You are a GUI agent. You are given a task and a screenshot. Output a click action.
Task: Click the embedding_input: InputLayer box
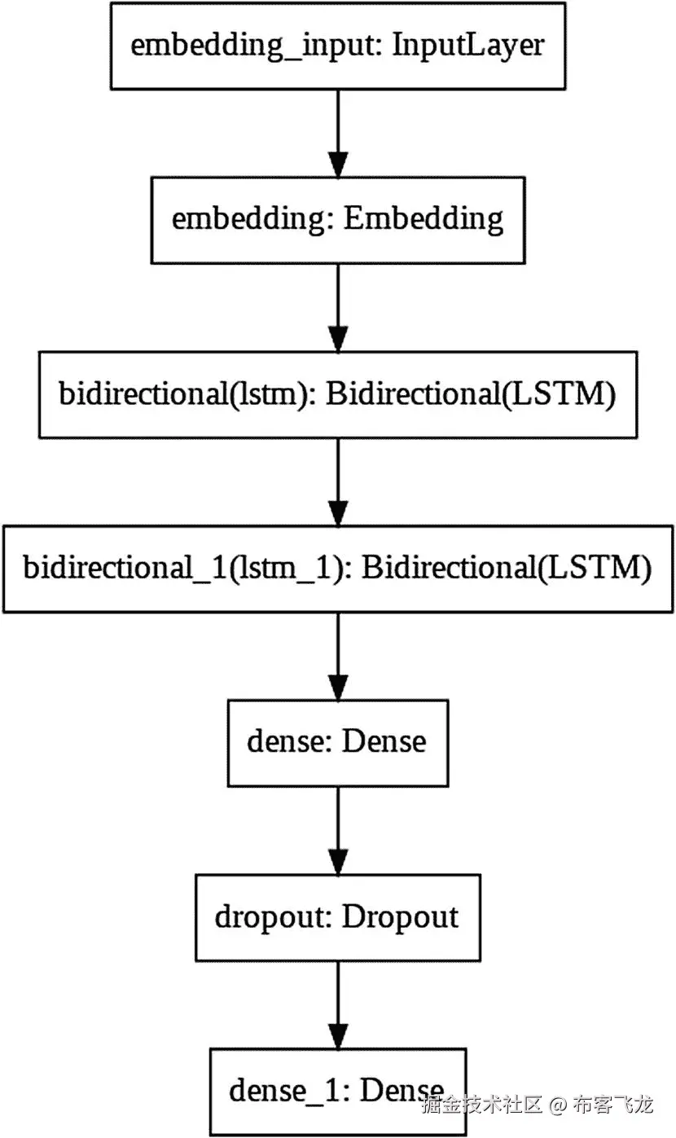coord(337,46)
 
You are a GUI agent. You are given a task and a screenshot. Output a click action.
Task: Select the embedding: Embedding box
coord(337,219)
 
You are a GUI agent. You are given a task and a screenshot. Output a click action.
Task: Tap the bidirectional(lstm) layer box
coord(337,394)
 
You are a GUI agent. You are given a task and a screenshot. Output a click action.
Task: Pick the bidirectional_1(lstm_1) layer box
coord(337,568)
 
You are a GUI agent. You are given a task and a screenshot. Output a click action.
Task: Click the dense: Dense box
coord(337,741)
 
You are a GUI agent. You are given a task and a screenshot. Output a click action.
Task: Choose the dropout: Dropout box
coord(337,917)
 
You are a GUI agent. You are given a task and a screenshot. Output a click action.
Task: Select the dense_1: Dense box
coord(337,1092)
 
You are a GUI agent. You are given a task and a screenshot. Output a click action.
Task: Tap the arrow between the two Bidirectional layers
coord(337,481)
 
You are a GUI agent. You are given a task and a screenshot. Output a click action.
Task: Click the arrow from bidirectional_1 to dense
coord(337,655)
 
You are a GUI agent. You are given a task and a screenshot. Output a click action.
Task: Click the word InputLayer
coord(467,46)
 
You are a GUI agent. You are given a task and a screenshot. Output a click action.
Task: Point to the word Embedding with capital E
coord(424,219)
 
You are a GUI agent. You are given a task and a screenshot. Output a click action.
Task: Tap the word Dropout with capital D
coord(400,917)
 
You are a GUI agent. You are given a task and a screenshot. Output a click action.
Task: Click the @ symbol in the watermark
coord(557,1106)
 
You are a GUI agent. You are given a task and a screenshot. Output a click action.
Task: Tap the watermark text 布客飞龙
coord(612,1106)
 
